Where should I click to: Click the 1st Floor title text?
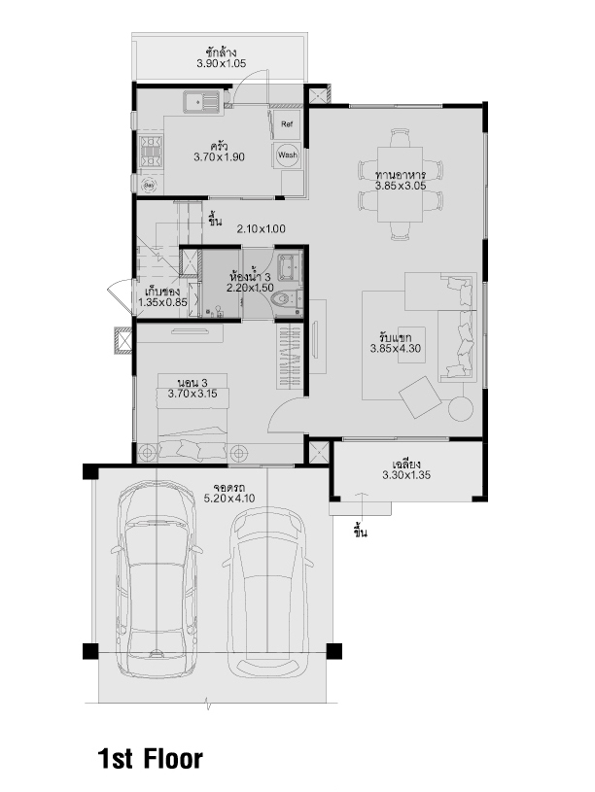(x=150, y=759)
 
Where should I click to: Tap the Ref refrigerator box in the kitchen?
(x=287, y=123)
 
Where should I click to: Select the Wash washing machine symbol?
(x=288, y=155)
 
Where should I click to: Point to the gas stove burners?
(x=151, y=152)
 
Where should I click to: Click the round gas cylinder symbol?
(x=149, y=186)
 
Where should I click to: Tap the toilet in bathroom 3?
(x=286, y=299)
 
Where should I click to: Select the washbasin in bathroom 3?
(x=289, y=266)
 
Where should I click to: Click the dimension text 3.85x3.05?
(x=401, y=186)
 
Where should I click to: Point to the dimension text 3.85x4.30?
(x=396, y=349)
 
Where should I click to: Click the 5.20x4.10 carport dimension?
(x=229, y=499)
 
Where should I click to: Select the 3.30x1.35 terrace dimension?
(x=406, y=475)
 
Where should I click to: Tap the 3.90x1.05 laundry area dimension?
(x=222, y=63)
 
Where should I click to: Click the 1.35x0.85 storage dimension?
(x=162, y=302)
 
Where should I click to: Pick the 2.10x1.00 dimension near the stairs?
(x=262, y=228)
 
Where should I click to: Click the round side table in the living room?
(x=461, y=408)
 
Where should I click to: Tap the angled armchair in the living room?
(x=420, y=397)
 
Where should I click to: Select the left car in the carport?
(x=157, y=577)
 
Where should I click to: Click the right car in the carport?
(x=267, y=592)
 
